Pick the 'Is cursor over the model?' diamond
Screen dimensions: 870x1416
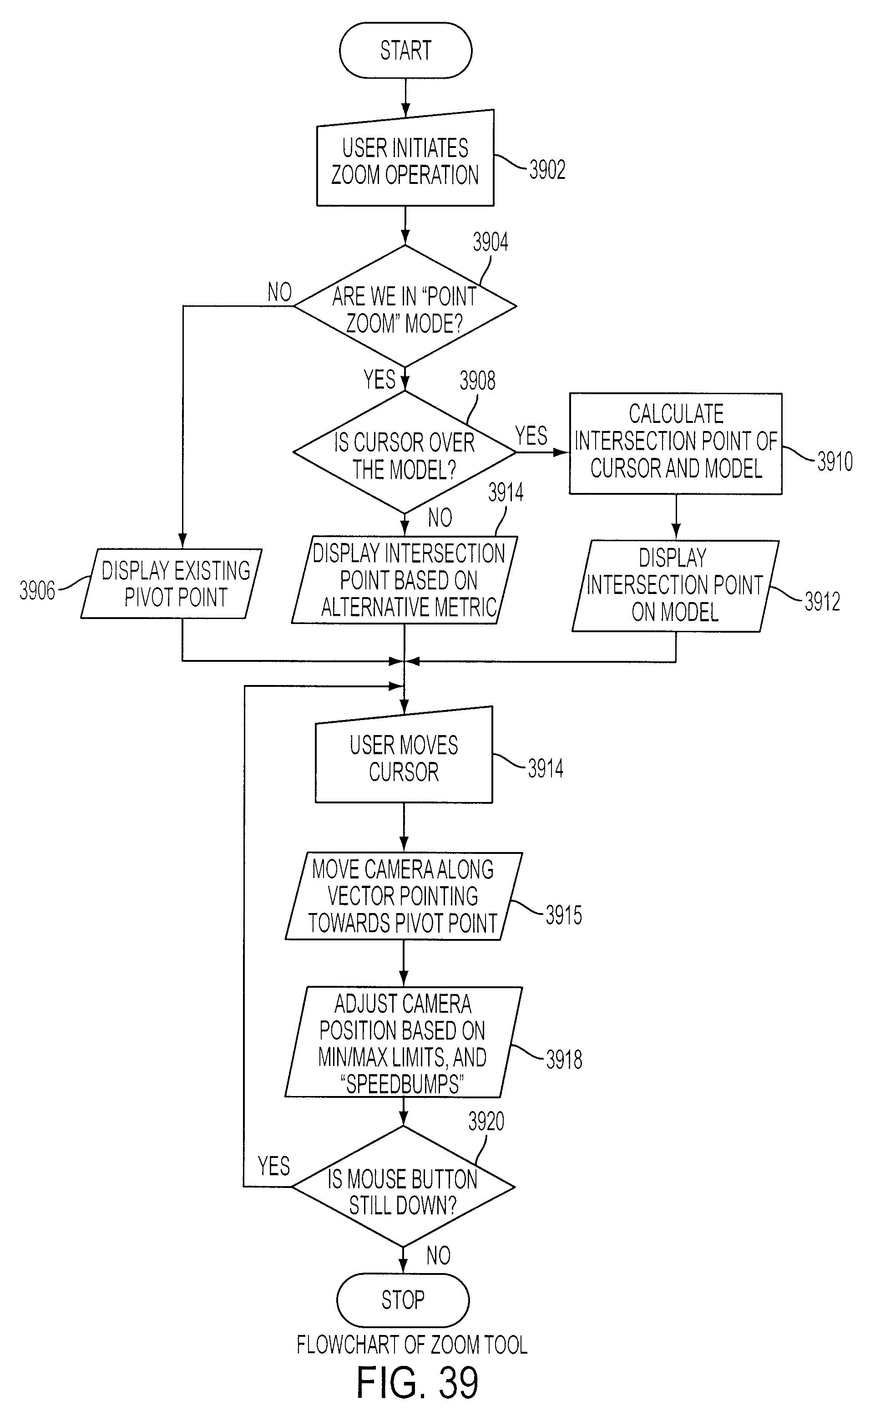[x=405, y=452]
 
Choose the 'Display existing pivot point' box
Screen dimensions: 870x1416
[x=171, y=583]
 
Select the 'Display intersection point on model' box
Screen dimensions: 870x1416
[x=676, y=585]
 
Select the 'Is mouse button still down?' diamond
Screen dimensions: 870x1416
[x=403, y=1186]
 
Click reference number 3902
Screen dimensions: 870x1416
[x=547, y=170]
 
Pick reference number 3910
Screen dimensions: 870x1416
[x=835, y=462]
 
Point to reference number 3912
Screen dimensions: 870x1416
[x=822, y=602]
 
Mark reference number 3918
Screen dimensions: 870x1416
[x=564, y=1059]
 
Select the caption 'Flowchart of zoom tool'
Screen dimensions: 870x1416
[x=412, y=1345]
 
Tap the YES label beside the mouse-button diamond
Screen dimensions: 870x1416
[x=274, y=1166]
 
